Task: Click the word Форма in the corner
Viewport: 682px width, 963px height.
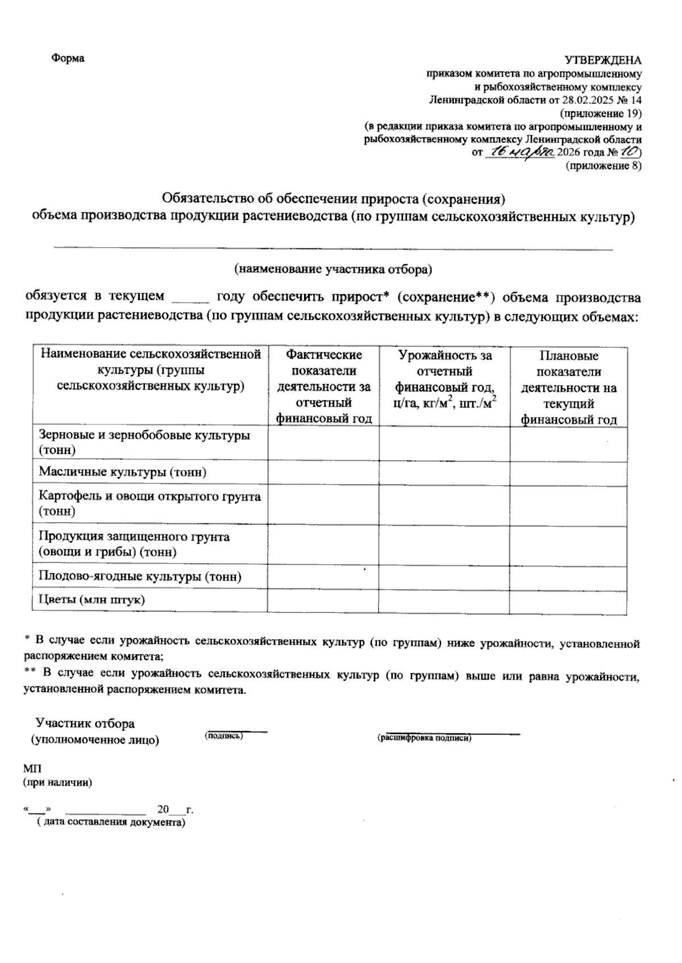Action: (x=68, y=59)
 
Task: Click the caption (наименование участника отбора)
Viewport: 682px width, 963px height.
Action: (x=334, y=269)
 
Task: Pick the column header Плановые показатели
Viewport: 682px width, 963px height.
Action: (x=569, y=364)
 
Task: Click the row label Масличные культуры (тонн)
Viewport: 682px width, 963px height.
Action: (x=122, y=472)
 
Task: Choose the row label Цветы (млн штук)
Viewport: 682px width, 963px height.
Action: (x=92, y=599)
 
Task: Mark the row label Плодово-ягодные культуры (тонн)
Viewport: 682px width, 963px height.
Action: (x=140, y=577)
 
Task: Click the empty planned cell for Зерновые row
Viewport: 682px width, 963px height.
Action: (x=568, y=443)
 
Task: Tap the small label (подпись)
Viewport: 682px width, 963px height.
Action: (x=223, y=736)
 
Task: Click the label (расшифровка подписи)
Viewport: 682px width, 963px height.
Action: (x=424, y=738)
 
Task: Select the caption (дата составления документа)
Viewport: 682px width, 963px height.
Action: (x=108, y=822)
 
